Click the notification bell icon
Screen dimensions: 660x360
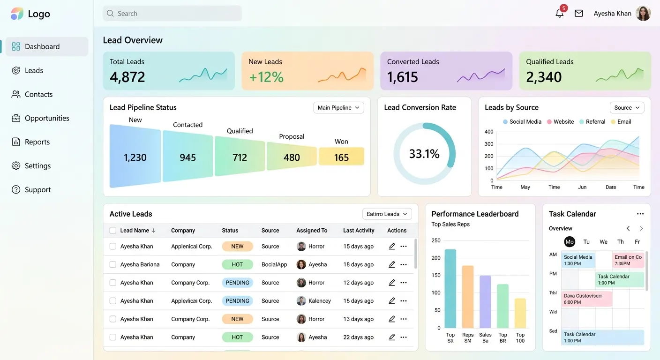[x=559, y=14]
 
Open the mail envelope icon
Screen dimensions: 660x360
[x=579, y=13]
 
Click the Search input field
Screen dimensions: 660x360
[x=172, y=13]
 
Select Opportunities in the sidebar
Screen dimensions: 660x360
[x=47, y=118]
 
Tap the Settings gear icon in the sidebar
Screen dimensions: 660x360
[x=16, y=165]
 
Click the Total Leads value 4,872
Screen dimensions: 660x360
[x=127, y=77]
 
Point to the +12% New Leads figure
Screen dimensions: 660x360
[x=266, y=77]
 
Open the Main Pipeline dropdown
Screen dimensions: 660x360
[x=338, y=107]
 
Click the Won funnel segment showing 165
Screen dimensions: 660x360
[x=342, y=157]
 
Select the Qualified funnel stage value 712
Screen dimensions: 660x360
[x=240, y=157]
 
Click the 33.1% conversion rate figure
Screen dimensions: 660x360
[x=424, y=153]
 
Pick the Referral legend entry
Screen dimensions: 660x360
[x=592, y=122]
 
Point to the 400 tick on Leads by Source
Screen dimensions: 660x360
[x=489, y=132]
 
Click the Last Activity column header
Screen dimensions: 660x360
[x=359, y=230]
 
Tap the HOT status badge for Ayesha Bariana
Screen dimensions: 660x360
[x=237, y=264]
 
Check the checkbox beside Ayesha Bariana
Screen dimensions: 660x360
[x=113, y=264]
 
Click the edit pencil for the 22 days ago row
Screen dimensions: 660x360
[x=391, y=337]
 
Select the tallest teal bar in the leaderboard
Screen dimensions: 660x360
[x=450, y=289]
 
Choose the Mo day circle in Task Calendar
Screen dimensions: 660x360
[x=569, y=241]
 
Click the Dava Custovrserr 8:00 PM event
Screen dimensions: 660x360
[x=586, y=299]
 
